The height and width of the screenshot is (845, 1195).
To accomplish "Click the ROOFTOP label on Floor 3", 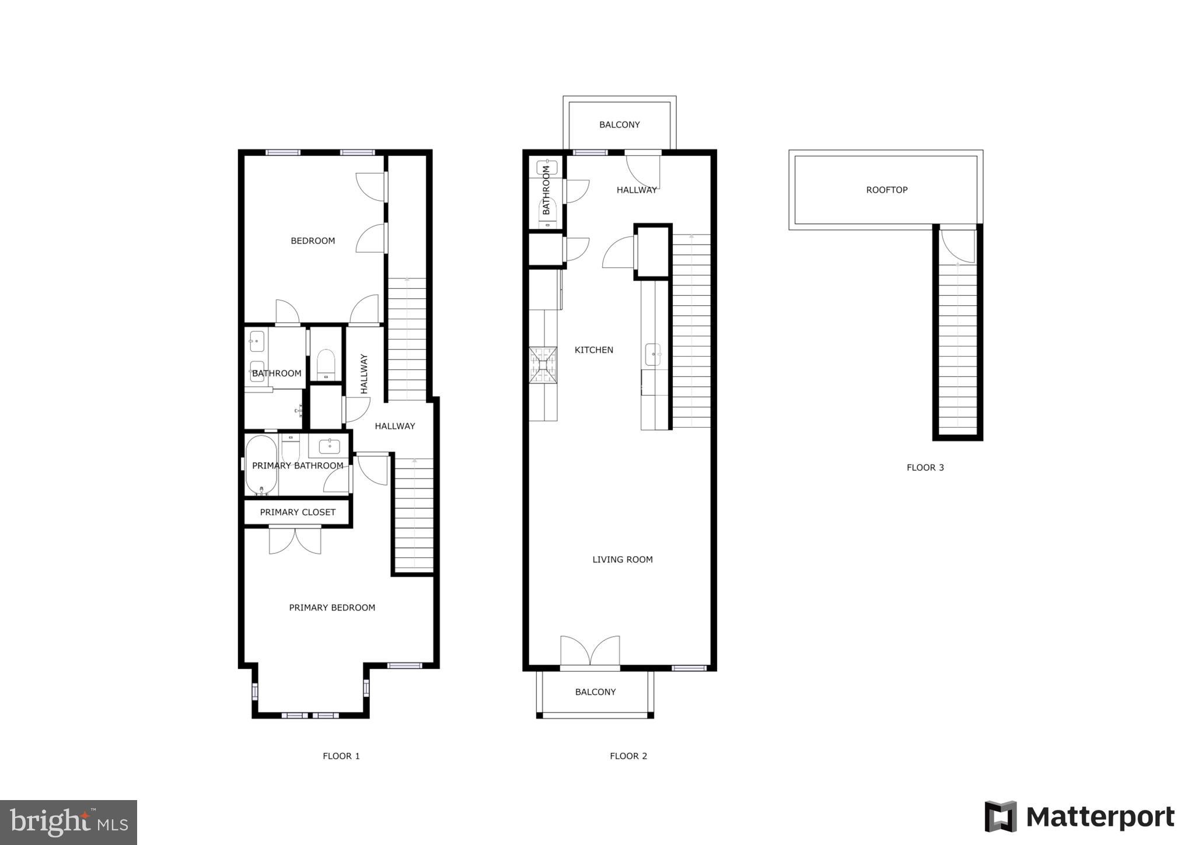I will tap(886, 190).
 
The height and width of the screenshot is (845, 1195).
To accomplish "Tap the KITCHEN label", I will tap(593, 350).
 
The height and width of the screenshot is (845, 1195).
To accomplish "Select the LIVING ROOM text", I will tap(622, 560).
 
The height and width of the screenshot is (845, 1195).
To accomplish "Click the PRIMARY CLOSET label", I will tap(298, 512).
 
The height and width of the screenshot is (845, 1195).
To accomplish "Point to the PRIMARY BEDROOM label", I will tap(332, 607).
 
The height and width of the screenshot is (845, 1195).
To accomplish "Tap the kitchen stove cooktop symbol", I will tap(543, 365).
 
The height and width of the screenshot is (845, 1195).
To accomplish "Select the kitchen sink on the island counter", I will tap(653, 354).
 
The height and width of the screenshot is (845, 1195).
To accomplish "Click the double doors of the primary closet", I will tap(295, 540).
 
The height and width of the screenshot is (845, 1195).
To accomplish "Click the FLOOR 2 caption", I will tap(628, 756).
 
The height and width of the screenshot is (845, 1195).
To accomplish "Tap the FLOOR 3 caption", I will tap(925, 467).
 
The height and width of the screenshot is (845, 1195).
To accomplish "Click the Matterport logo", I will tap(1079, 817).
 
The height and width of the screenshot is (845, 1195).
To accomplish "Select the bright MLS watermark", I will tap(68, 822).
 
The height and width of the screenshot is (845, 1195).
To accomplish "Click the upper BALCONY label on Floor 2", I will tap(619, 125).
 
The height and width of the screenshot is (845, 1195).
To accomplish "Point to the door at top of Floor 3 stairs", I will tap(958, 245).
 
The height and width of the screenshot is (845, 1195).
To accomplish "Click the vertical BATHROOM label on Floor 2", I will tap(546, 190).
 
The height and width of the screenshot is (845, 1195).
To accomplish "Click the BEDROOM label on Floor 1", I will tap(313, 241).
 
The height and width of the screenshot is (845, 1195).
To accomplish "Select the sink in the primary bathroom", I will tap(330, 446).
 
